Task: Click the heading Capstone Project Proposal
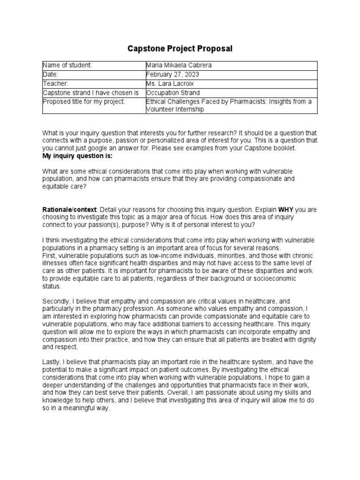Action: coord(180,49)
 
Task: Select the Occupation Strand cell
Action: coord(173,93)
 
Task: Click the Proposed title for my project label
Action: coord(84,102)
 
